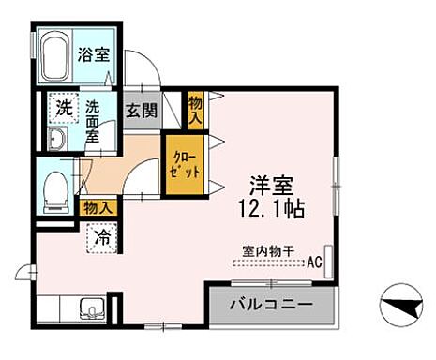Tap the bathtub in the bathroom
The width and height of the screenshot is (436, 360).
click(x=53, y=56)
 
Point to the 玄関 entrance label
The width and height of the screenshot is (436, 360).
click(x=141, y=111)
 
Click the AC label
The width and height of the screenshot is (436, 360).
click(x=315, y=262)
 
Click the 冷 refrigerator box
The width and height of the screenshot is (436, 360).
click(x=101, y=237)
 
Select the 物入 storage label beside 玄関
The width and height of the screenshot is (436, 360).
click(x=195, y=111)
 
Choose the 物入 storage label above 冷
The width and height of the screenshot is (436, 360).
click(x=99, y=207)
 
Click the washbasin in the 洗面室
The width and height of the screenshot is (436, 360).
click(x=55, y=140)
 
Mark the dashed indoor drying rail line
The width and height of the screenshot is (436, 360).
click(x=267, y=262)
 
